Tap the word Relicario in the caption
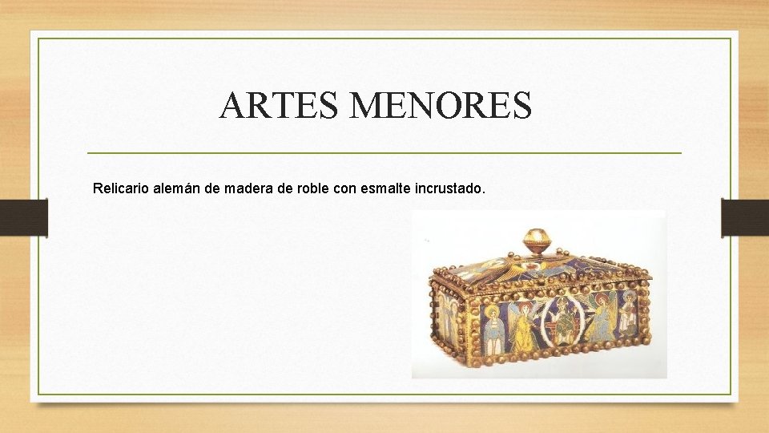click(122, 189)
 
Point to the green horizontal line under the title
click(384, 152)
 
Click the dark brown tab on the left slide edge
click(24, 217)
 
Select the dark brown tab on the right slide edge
click(744, 217)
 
